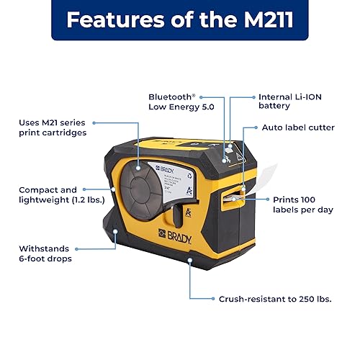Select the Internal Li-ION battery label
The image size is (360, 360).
(284, 101)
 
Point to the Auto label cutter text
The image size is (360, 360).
(297, 127)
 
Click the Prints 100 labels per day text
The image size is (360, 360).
(304, 204)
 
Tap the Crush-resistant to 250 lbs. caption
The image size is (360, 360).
(275, 297)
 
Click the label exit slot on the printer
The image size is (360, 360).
(235, 197)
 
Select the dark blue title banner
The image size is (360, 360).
(180, 20)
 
